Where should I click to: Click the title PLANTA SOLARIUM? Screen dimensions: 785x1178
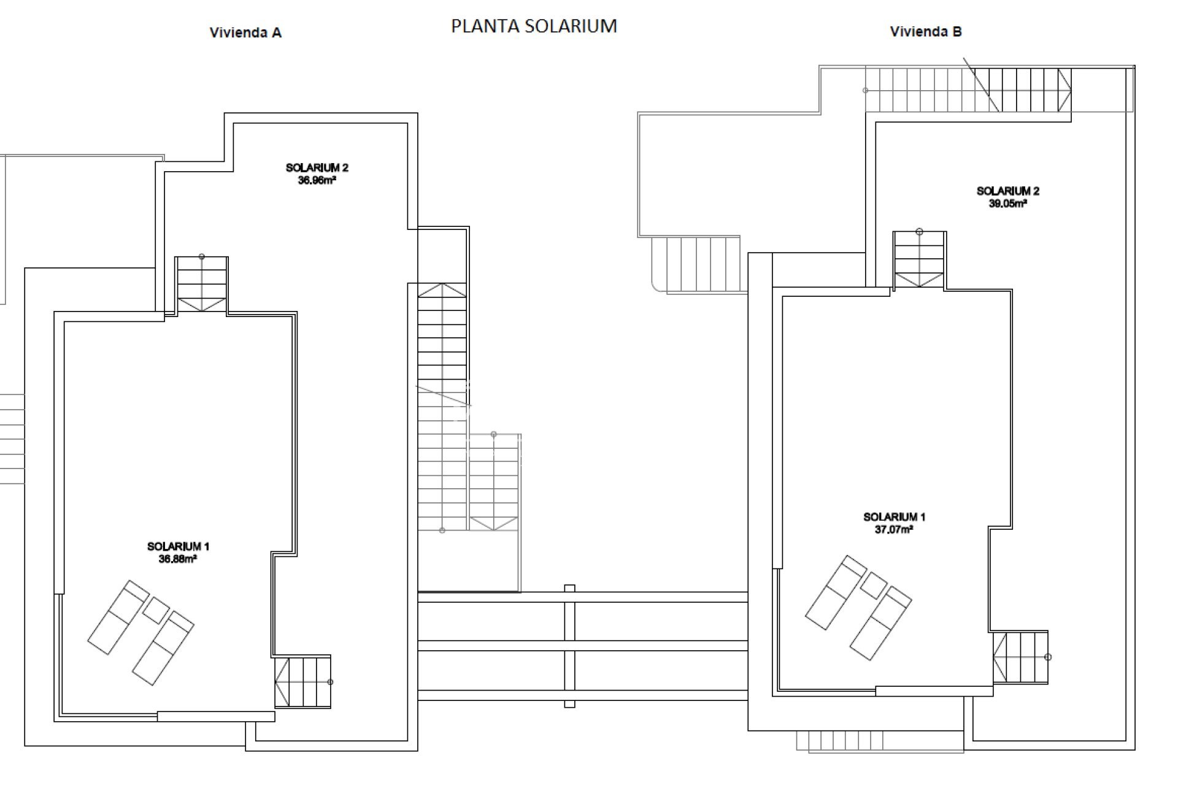pyautogui.click(x=534, y=26)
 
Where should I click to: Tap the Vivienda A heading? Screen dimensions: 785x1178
pyautogui.click(x=245, y=33)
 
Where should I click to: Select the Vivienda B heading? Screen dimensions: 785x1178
pyautogui.click(x=926, y=31)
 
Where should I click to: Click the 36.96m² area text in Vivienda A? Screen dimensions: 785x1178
pyautogui.click(x=317, y=180)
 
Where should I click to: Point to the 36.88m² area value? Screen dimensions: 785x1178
pyautogui.click(x=177, y=559)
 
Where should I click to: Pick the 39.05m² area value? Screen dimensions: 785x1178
pyautogui.click(x=1007, y=204)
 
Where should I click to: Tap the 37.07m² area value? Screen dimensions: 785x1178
pyautogui.click(x=894, y=529)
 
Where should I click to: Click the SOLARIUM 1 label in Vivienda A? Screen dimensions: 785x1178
pyautogui.click(x=178, y=546)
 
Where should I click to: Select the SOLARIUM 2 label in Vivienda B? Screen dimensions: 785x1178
pyautogui.click(x=1007, y=191)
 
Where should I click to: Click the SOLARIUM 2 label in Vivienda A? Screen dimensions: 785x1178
pyautogui.click(x=317, y=167)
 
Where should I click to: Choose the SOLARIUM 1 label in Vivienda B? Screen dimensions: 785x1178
pyautogui.click(x=894, y=516)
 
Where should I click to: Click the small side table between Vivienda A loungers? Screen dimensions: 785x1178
pyautogui.click(x=156, y=610)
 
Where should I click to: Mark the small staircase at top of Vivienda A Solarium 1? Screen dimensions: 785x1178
pyautogui.click(x=202, y=285)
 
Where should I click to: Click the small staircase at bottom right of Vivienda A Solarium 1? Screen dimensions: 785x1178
pyautogui.click(x=303, y=681)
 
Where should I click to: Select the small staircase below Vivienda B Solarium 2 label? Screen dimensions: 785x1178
pyautogui.click(x=919, y=260)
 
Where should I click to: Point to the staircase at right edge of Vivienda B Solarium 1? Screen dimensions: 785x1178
pyautogui.click(x=1020, y=657)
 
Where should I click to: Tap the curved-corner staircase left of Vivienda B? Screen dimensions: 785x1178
pyautogui.click(x=696, y=264)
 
